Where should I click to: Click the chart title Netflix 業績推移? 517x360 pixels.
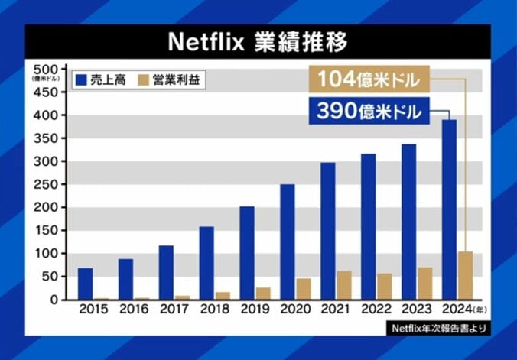point(258,41)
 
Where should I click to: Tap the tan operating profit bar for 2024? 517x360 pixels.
point(465,275)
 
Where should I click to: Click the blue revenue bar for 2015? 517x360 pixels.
point(85,284)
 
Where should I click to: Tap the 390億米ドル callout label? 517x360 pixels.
point(369,111)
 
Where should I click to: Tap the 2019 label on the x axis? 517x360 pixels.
point(254,310)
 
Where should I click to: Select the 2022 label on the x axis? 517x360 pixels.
point(376,310)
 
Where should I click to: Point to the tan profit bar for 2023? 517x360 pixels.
point(424,284)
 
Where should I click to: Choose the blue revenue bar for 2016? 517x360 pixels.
point(125,279)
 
